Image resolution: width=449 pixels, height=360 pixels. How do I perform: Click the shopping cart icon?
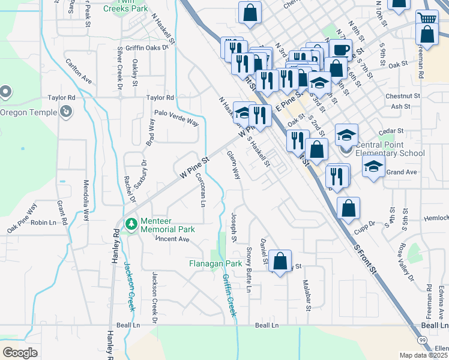426,17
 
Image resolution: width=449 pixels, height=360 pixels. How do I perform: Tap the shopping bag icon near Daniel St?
280,261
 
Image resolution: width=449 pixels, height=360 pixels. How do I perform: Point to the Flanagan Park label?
215,263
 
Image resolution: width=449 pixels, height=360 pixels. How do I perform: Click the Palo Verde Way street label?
176,118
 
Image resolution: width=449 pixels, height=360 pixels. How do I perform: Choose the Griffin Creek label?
229,296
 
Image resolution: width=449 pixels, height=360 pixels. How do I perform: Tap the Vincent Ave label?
173,239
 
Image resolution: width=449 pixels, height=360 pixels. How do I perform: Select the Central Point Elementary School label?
390,149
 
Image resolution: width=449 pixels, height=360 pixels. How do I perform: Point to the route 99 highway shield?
423,340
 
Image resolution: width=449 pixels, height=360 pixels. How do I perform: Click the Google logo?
20,353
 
